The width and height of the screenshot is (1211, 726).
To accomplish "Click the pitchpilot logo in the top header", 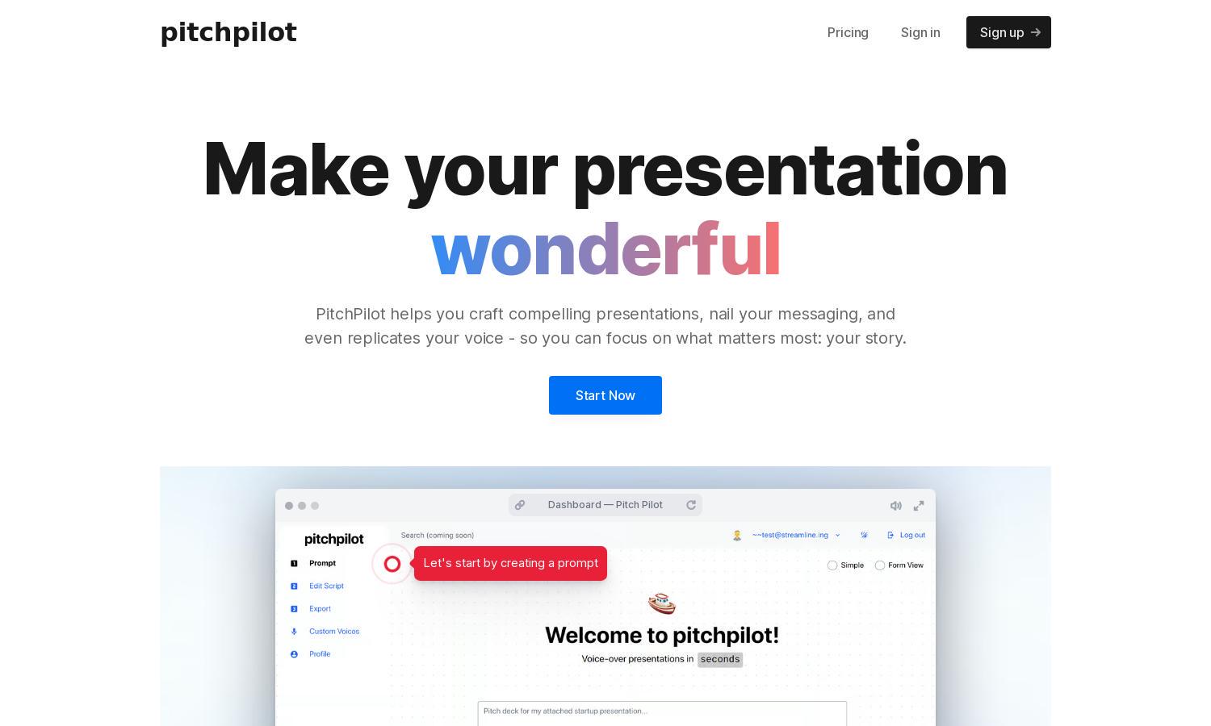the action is point(228,32).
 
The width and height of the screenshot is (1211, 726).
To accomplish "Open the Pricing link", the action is point(848,32).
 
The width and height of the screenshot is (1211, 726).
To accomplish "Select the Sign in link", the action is point(920,32).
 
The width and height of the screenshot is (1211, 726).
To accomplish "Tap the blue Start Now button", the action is point(605,395).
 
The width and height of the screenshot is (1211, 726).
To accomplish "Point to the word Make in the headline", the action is point(295,169).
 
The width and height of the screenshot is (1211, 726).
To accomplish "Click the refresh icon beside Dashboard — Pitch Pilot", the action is point(691,505).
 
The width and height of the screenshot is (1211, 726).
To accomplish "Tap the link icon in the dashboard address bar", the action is point(520,505).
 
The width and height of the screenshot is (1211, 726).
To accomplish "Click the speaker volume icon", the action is point(896,506).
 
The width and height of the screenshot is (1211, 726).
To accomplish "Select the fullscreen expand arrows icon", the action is point(919,506).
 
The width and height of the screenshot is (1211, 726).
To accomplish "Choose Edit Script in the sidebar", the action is point(326,586).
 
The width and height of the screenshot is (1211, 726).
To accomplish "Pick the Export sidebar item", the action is point(320,608).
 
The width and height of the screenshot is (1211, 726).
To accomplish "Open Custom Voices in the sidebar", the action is point(334,631).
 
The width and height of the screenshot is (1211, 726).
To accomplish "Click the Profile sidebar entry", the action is point(320,653).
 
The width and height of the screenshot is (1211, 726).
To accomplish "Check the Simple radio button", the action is point(832,565).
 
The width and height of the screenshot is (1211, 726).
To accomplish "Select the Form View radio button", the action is point(880,565).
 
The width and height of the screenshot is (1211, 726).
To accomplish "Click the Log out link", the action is point(912,535).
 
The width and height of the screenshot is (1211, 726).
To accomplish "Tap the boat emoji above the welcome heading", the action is point(662,603).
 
